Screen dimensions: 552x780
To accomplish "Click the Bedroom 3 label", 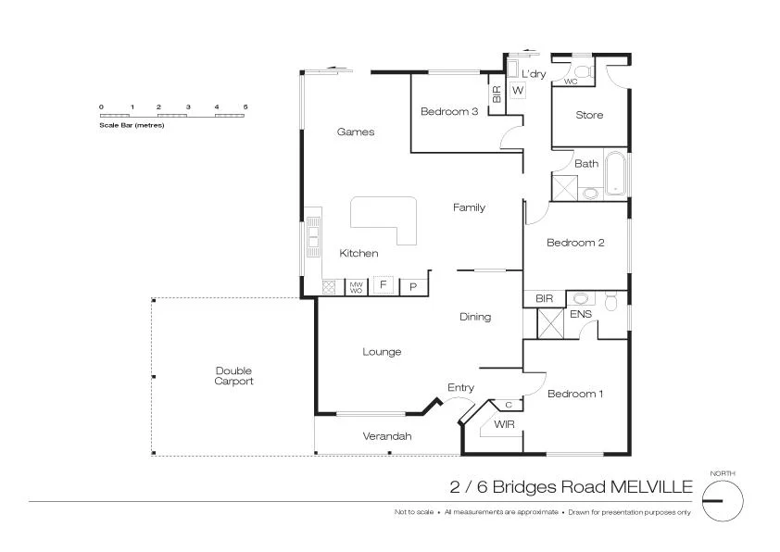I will point(449,112).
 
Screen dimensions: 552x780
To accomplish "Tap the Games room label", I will point(356,132).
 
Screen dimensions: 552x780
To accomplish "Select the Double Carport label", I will point(233,376).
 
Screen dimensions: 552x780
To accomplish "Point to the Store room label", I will point(589,115).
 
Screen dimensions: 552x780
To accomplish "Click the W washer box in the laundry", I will point(518,90).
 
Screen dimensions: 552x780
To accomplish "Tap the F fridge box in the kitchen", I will point(383,285).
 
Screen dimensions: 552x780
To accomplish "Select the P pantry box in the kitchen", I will point(414,286).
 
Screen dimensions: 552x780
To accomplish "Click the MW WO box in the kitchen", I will point(356,287).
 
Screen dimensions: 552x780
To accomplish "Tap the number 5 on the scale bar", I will point(245,107).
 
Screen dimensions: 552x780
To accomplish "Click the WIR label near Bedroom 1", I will point(504,424).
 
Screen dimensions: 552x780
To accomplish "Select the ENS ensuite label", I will point(581,315).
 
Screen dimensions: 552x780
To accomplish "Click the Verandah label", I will point(386,436).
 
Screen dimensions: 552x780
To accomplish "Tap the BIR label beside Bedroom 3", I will point(497,94).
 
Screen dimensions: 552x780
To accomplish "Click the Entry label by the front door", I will point(460,388).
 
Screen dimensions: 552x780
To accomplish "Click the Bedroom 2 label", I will point(575,243).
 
